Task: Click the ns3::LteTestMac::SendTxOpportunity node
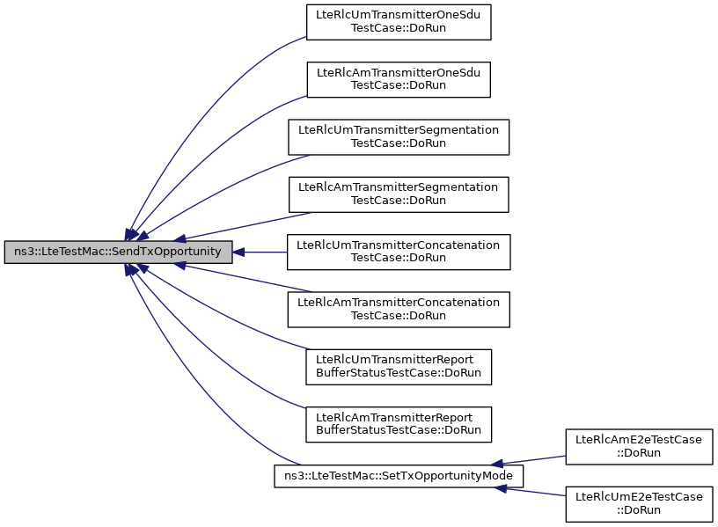[x=118, y=252]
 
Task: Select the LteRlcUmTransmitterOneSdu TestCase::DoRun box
[x=399, y=22]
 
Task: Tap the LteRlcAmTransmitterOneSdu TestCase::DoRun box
[x=399, y=80]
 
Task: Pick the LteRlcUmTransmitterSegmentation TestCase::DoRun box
[x=399, y=137]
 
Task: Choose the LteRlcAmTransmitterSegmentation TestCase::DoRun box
[x=399, y=194]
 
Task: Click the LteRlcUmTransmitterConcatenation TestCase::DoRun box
[x=399, y=253]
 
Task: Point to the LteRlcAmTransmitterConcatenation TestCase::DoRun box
[x=399, y=310]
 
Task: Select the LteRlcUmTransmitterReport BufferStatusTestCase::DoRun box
[x=399, y=367]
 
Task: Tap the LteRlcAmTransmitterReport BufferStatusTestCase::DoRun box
[x=399, y=424]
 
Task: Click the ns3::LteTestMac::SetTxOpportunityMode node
[x=399, y=476]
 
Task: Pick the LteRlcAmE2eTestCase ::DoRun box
[x=639, y=447]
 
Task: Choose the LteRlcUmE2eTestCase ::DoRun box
[x=639, y=504]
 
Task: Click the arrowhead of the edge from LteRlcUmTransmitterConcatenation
[x=238, y=253]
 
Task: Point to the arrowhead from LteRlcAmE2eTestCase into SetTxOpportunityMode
[x=497, y=464]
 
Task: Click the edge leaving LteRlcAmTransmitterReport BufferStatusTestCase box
[x=206, y=348]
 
